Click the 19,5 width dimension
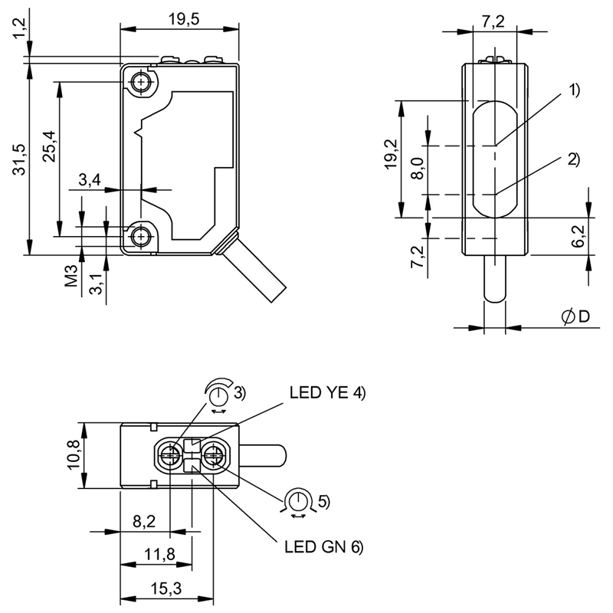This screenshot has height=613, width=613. point(184,18)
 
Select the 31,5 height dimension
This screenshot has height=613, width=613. point(20,159)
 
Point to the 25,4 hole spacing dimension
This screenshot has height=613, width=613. point(50,146)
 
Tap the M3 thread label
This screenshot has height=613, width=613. point(71,276)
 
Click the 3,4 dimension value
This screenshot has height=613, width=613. point(90,179)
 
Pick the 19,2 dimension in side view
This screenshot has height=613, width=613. point(391,154)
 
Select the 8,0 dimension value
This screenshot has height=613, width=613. point(418,169)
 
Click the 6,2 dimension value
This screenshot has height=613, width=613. point(578,237)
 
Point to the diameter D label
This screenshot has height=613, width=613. point(575,316)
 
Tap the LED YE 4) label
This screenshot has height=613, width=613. point(327,393)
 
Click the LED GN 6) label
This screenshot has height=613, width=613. point(323,547)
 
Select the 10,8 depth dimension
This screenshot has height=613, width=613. point(74,454)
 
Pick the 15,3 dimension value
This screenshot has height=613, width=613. point(166,588)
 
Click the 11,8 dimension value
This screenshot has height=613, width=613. point(160,554)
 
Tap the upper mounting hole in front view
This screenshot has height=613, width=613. point(140,82)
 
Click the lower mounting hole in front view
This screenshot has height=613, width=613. point(140,236)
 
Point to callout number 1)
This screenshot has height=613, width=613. point(573,90)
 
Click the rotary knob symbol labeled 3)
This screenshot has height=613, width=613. point(219,395)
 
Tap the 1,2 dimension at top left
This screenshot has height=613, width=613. point(20,28)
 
